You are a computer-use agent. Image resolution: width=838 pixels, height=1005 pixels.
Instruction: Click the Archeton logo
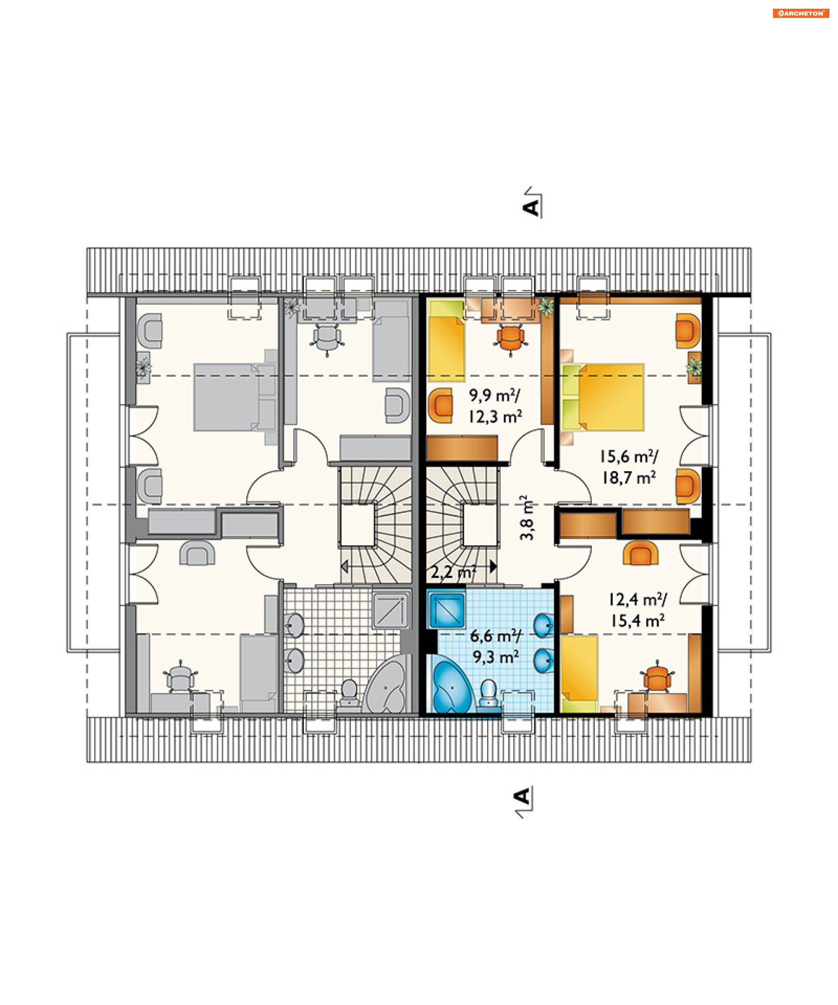(x=800, y=14)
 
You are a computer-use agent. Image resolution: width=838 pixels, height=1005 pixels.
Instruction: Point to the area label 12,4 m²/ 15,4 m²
(x=637, y=610)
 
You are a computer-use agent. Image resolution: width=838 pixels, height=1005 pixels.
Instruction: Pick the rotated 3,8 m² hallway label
(x=527, y=517)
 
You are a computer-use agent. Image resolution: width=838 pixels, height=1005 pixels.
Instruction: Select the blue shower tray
(x=447, y=610)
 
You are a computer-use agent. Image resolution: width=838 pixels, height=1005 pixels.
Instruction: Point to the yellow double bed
(x=603, y=397)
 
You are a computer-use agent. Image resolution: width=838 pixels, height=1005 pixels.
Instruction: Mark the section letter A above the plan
(x=531, y=208)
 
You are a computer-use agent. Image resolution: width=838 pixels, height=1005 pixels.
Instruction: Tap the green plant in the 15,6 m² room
(x=694, y=368)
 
